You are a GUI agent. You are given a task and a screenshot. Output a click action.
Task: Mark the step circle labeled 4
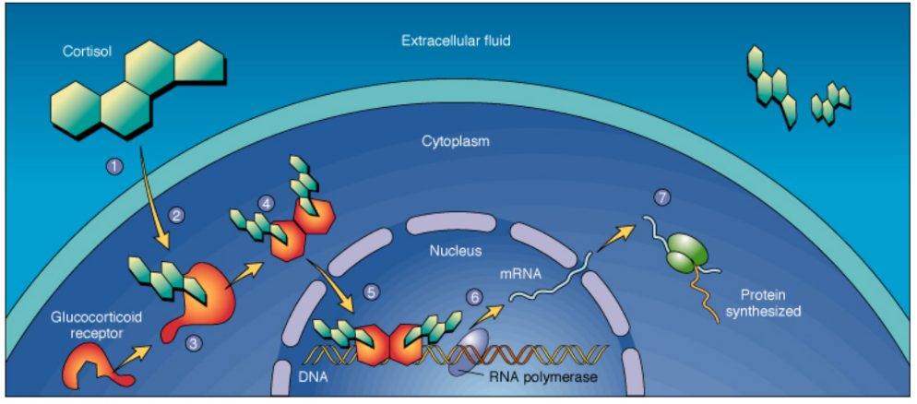267,201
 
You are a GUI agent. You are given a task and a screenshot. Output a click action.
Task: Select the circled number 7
659,196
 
